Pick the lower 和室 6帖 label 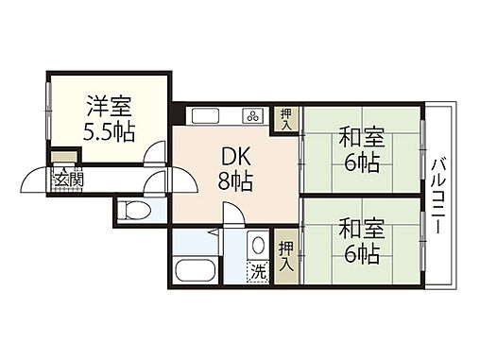tap(360, 241)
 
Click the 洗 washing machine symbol tap(258, 271)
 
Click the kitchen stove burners tap(254, 117)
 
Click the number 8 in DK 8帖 tap(227, 182)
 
